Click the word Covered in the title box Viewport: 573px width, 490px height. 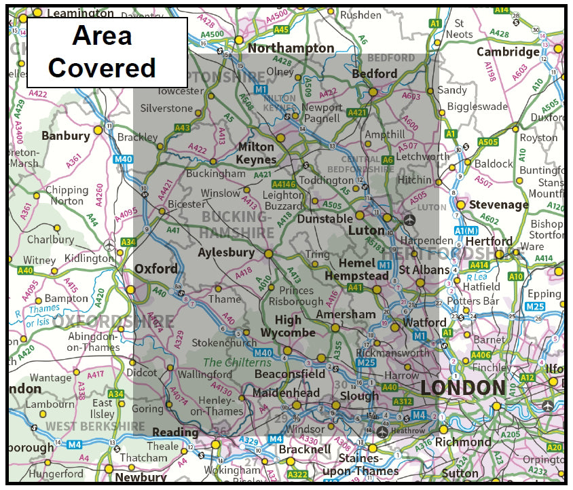(102, 68)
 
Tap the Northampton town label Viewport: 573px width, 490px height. (291, 48)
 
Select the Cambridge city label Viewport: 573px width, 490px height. (508, 52)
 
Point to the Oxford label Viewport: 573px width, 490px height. (155, 269)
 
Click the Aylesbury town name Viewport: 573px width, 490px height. (226, 253)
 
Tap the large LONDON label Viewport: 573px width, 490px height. (463, 388)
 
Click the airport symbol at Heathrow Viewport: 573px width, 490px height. (383, 431)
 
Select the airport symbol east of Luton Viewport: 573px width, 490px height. (409, 219)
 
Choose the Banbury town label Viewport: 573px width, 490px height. (65, 136)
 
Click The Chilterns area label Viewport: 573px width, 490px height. (238, 362)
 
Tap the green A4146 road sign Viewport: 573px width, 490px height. (284, 184)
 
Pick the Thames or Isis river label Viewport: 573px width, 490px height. (42, 316)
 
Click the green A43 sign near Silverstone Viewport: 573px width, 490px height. (182, 127)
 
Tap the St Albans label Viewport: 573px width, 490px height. (424, 270)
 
